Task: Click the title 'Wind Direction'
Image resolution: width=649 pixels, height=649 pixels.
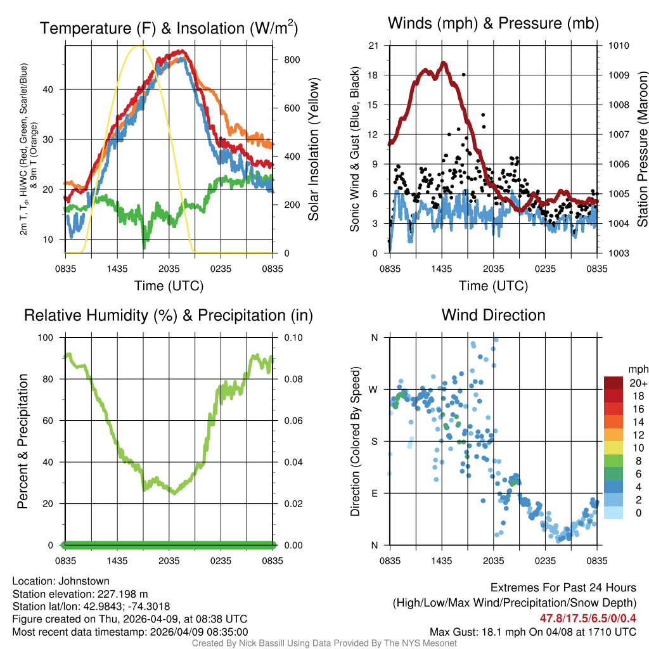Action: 493,315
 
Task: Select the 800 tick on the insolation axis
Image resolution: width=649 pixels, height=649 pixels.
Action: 292,60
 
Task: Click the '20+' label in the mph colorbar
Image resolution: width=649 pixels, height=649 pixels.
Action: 638,383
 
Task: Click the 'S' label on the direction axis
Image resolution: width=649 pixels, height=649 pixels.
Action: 375,441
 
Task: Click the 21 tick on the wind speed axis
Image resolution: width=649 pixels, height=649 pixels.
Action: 374,46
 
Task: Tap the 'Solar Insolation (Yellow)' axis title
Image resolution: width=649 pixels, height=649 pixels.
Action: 313,149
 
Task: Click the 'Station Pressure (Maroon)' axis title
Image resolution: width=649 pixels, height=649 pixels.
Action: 641,149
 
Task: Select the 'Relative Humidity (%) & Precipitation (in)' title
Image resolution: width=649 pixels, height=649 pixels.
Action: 168,315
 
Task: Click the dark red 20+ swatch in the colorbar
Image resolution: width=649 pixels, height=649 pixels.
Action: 613,383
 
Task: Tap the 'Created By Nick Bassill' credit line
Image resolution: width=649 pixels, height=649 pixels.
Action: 324,643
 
